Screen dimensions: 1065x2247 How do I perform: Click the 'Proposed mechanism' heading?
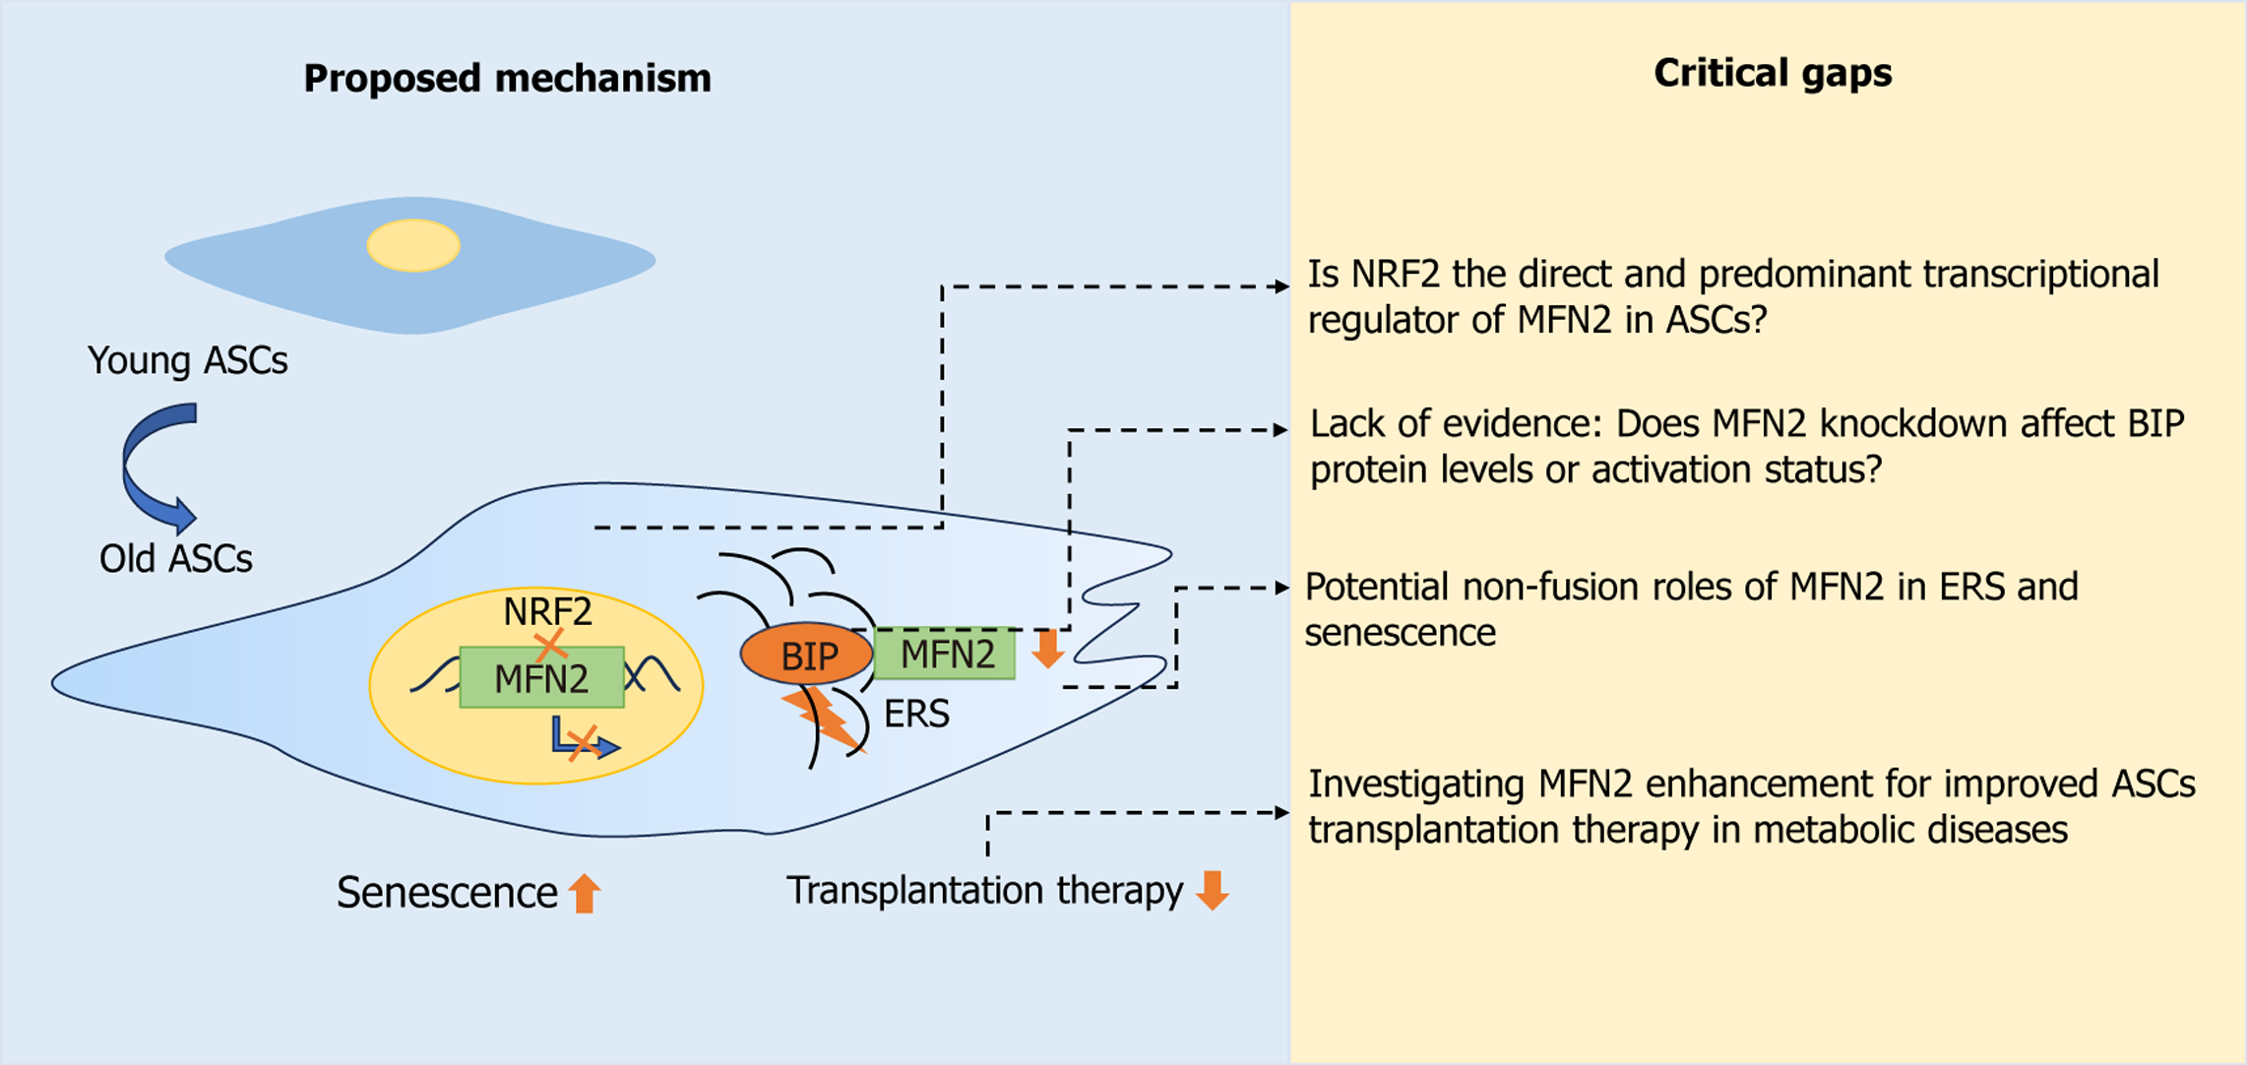(507, 78)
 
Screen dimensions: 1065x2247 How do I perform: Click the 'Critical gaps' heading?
(1772, 73)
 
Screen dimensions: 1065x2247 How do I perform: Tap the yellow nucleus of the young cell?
(413, 245)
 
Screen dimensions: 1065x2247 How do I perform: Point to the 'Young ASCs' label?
(187, 360)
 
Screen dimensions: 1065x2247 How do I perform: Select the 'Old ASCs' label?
(175, 558)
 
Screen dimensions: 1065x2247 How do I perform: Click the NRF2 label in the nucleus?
(547, 611)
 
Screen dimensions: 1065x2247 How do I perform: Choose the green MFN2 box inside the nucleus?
(541, 678)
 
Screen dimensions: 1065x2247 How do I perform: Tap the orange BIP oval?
(807, 655)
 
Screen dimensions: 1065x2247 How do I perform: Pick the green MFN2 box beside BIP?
(946, 654)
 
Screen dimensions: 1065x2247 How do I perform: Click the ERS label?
(916, 714)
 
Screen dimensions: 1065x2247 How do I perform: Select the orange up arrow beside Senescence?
(585, 893)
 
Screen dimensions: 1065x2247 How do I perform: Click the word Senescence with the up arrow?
(447, 893)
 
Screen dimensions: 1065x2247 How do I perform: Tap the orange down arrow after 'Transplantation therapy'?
(1213, 890)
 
